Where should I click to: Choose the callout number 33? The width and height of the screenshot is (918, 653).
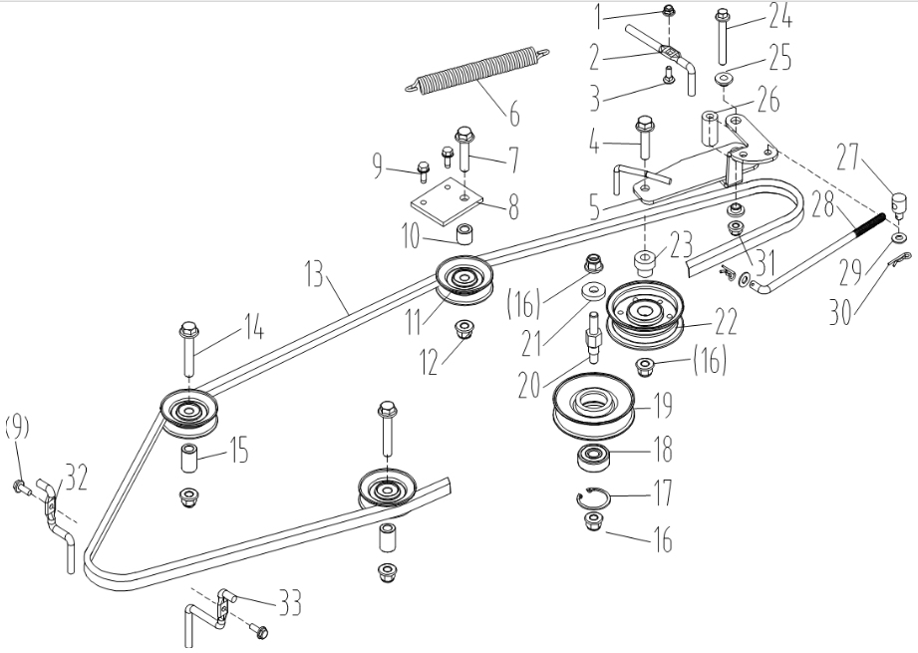tap(290, 602)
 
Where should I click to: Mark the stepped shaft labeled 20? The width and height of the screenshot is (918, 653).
tap(592, 339)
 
